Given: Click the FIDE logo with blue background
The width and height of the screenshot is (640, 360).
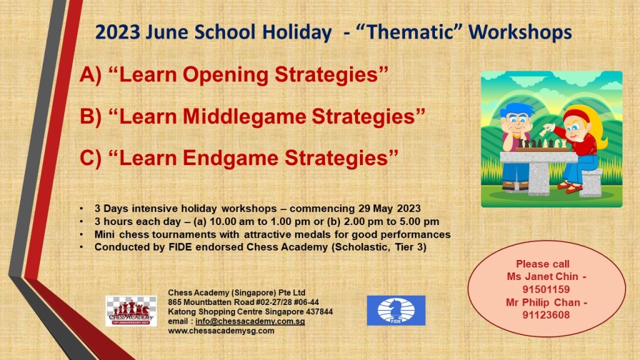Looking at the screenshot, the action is click(x=396, y=311).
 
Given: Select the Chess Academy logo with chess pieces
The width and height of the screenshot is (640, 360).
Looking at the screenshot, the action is click(x=131, y=311).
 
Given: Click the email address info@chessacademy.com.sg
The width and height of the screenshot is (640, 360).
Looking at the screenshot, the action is click(x=250, y=321).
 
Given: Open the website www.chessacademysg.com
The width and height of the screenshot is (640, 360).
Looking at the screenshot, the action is click(x=221, y=331).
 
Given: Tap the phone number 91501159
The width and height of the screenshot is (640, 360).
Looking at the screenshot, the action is click(x=546, y=289).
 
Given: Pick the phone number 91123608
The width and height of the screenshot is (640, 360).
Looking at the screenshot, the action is click(x=546, y=315).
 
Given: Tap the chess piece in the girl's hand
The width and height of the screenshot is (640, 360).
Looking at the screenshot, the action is click(x=545, y=131).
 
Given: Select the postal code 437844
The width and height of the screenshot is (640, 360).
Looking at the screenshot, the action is click(x=317, y=312).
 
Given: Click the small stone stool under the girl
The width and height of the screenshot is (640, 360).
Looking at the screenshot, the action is click(x=591, y=182).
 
